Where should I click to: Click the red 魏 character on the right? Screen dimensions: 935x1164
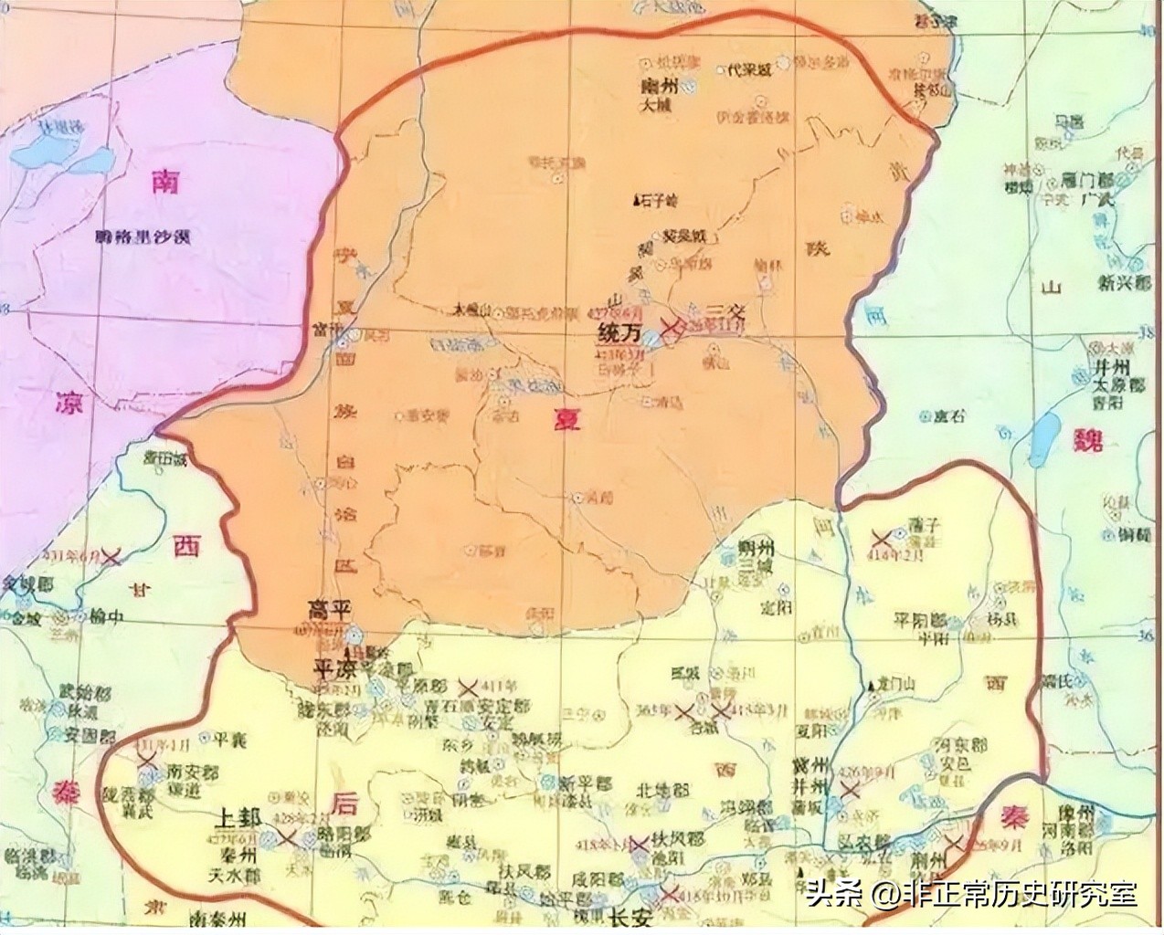(x=1090, y=442)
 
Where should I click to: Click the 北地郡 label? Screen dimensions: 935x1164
(x=660, y=789)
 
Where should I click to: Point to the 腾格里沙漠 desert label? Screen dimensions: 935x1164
(x=142, y=237)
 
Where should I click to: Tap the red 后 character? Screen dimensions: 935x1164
(x=345, y=804)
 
